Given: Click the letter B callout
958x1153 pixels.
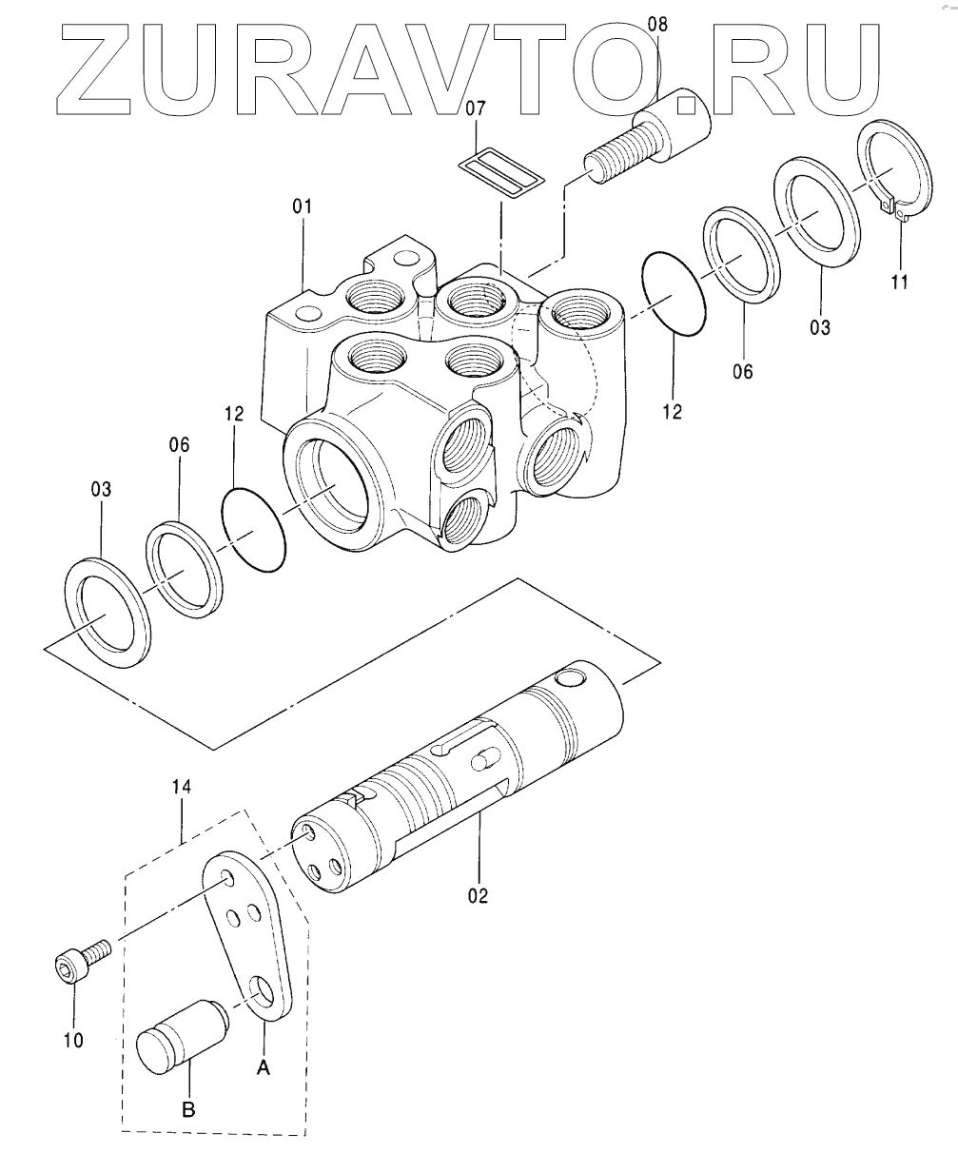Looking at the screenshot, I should pos(189,1109).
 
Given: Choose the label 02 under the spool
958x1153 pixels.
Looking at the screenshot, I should pos(477,895).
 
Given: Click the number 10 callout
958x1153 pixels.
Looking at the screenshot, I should pos(73,1040).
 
